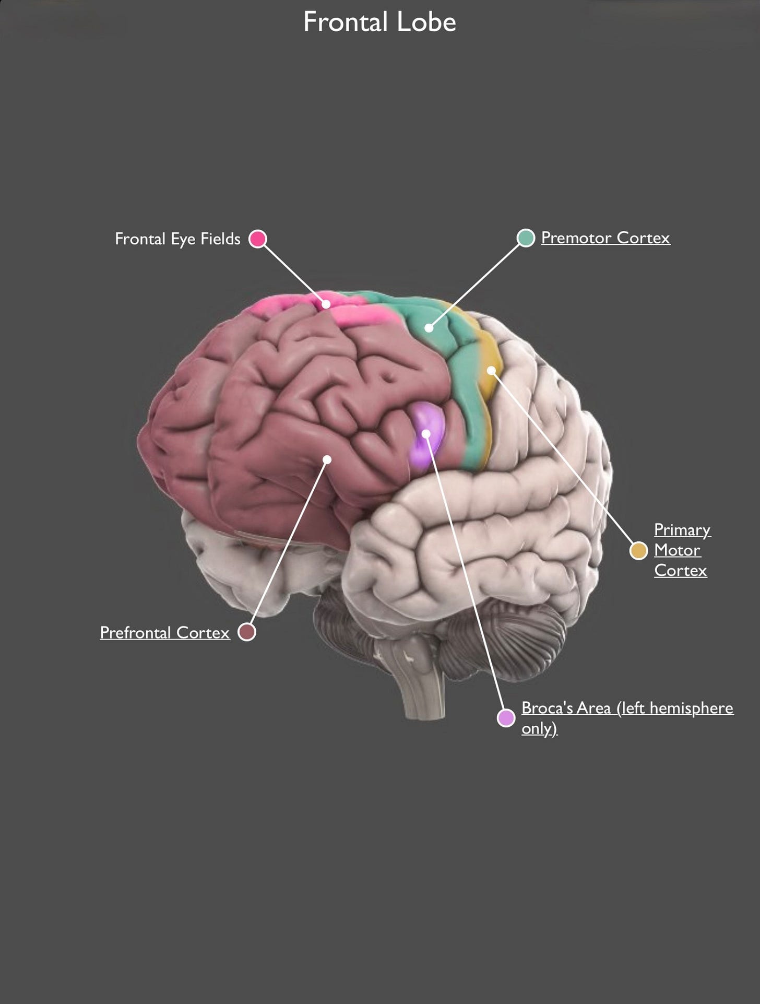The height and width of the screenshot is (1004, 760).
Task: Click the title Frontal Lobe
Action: point(379,22)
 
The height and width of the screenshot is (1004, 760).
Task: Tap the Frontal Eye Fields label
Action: point(177,239)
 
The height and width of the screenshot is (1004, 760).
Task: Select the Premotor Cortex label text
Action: point(605,238)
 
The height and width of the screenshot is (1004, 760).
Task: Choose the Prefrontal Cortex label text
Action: point(165,633)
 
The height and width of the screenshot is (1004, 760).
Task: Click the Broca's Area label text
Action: point(627,708)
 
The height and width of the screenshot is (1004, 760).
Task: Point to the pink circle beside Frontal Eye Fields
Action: point(258,239)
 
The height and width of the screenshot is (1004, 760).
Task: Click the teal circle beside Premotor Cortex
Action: point(526,238)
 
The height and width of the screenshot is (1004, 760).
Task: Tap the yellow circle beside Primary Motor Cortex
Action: point(638,551)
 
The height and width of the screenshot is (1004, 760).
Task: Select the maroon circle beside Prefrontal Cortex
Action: point(247,632)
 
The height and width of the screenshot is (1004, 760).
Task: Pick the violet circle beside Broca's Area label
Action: point(506,718)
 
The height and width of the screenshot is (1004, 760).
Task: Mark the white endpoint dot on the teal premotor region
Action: point(429,328)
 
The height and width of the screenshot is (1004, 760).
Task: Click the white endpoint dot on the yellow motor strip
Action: point(491,370)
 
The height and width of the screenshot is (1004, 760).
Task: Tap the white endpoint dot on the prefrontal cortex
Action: point(327,459)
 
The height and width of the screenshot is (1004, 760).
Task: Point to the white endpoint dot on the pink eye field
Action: point(326,304)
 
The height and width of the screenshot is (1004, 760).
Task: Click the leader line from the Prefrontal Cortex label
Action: point(287,546)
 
